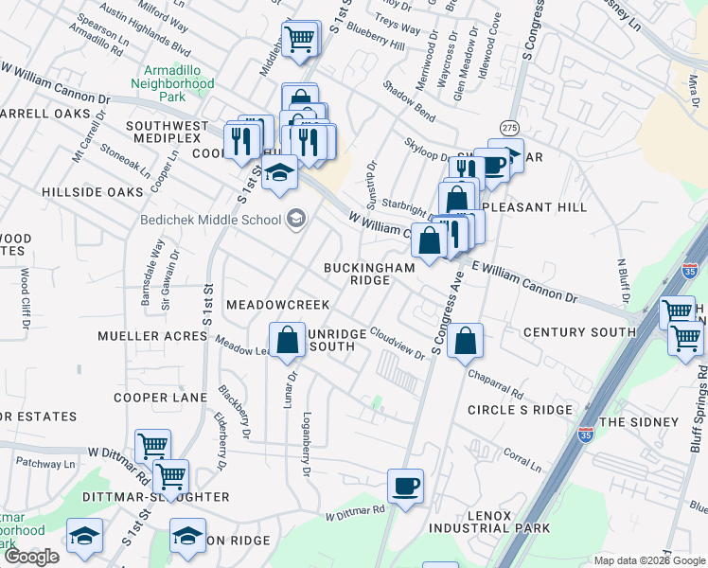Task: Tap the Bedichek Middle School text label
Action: [x=211, y=221]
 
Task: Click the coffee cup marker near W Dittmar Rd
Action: [x=406, y=488]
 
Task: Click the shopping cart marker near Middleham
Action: [x=300, y=40]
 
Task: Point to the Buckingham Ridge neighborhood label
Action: [x=369, y=275]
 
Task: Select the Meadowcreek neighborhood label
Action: [x=277, y=305]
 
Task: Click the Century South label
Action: [x=578, y=332]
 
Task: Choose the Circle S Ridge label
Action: [x=520, y=410]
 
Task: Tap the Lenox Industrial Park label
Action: [x=469, y=522]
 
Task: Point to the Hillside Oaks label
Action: [x=92, y=192]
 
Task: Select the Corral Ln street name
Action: [x=522, y=462]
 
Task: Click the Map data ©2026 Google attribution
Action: [x=648, y=560]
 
